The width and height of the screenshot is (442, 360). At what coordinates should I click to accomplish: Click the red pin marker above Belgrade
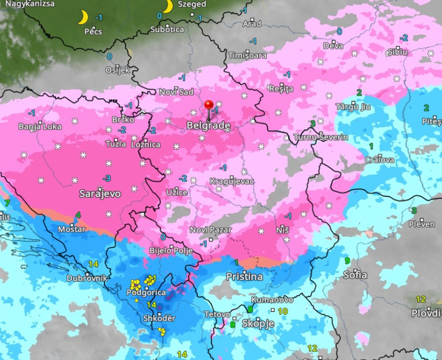point(209,106)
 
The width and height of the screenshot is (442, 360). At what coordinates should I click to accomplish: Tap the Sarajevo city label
point(100,194)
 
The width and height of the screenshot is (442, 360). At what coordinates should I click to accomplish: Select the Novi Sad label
point(176,92)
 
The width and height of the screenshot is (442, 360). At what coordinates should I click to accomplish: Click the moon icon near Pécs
point(83,18)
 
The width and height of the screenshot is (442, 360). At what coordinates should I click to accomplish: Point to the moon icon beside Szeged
point(167,6)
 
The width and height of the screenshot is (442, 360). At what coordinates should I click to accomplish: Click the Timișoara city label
point(248,55)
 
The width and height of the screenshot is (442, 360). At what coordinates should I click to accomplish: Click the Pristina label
point(244,277)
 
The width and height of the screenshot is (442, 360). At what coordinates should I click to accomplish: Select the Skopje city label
point(259,324)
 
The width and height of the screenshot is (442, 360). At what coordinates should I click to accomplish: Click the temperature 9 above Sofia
point(347,261)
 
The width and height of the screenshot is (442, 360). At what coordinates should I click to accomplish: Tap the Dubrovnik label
point(86,278)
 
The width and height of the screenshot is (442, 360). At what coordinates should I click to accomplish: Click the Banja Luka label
point(40,126)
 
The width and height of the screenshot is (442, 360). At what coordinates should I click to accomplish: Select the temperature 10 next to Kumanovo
point(282,311)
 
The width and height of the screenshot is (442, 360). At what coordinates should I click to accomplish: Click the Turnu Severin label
point(321,137)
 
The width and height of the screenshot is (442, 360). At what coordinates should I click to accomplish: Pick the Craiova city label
point(380,160)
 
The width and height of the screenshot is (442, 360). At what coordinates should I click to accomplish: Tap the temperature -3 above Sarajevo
point(106,178)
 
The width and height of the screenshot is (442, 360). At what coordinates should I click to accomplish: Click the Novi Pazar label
point(211,230)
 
